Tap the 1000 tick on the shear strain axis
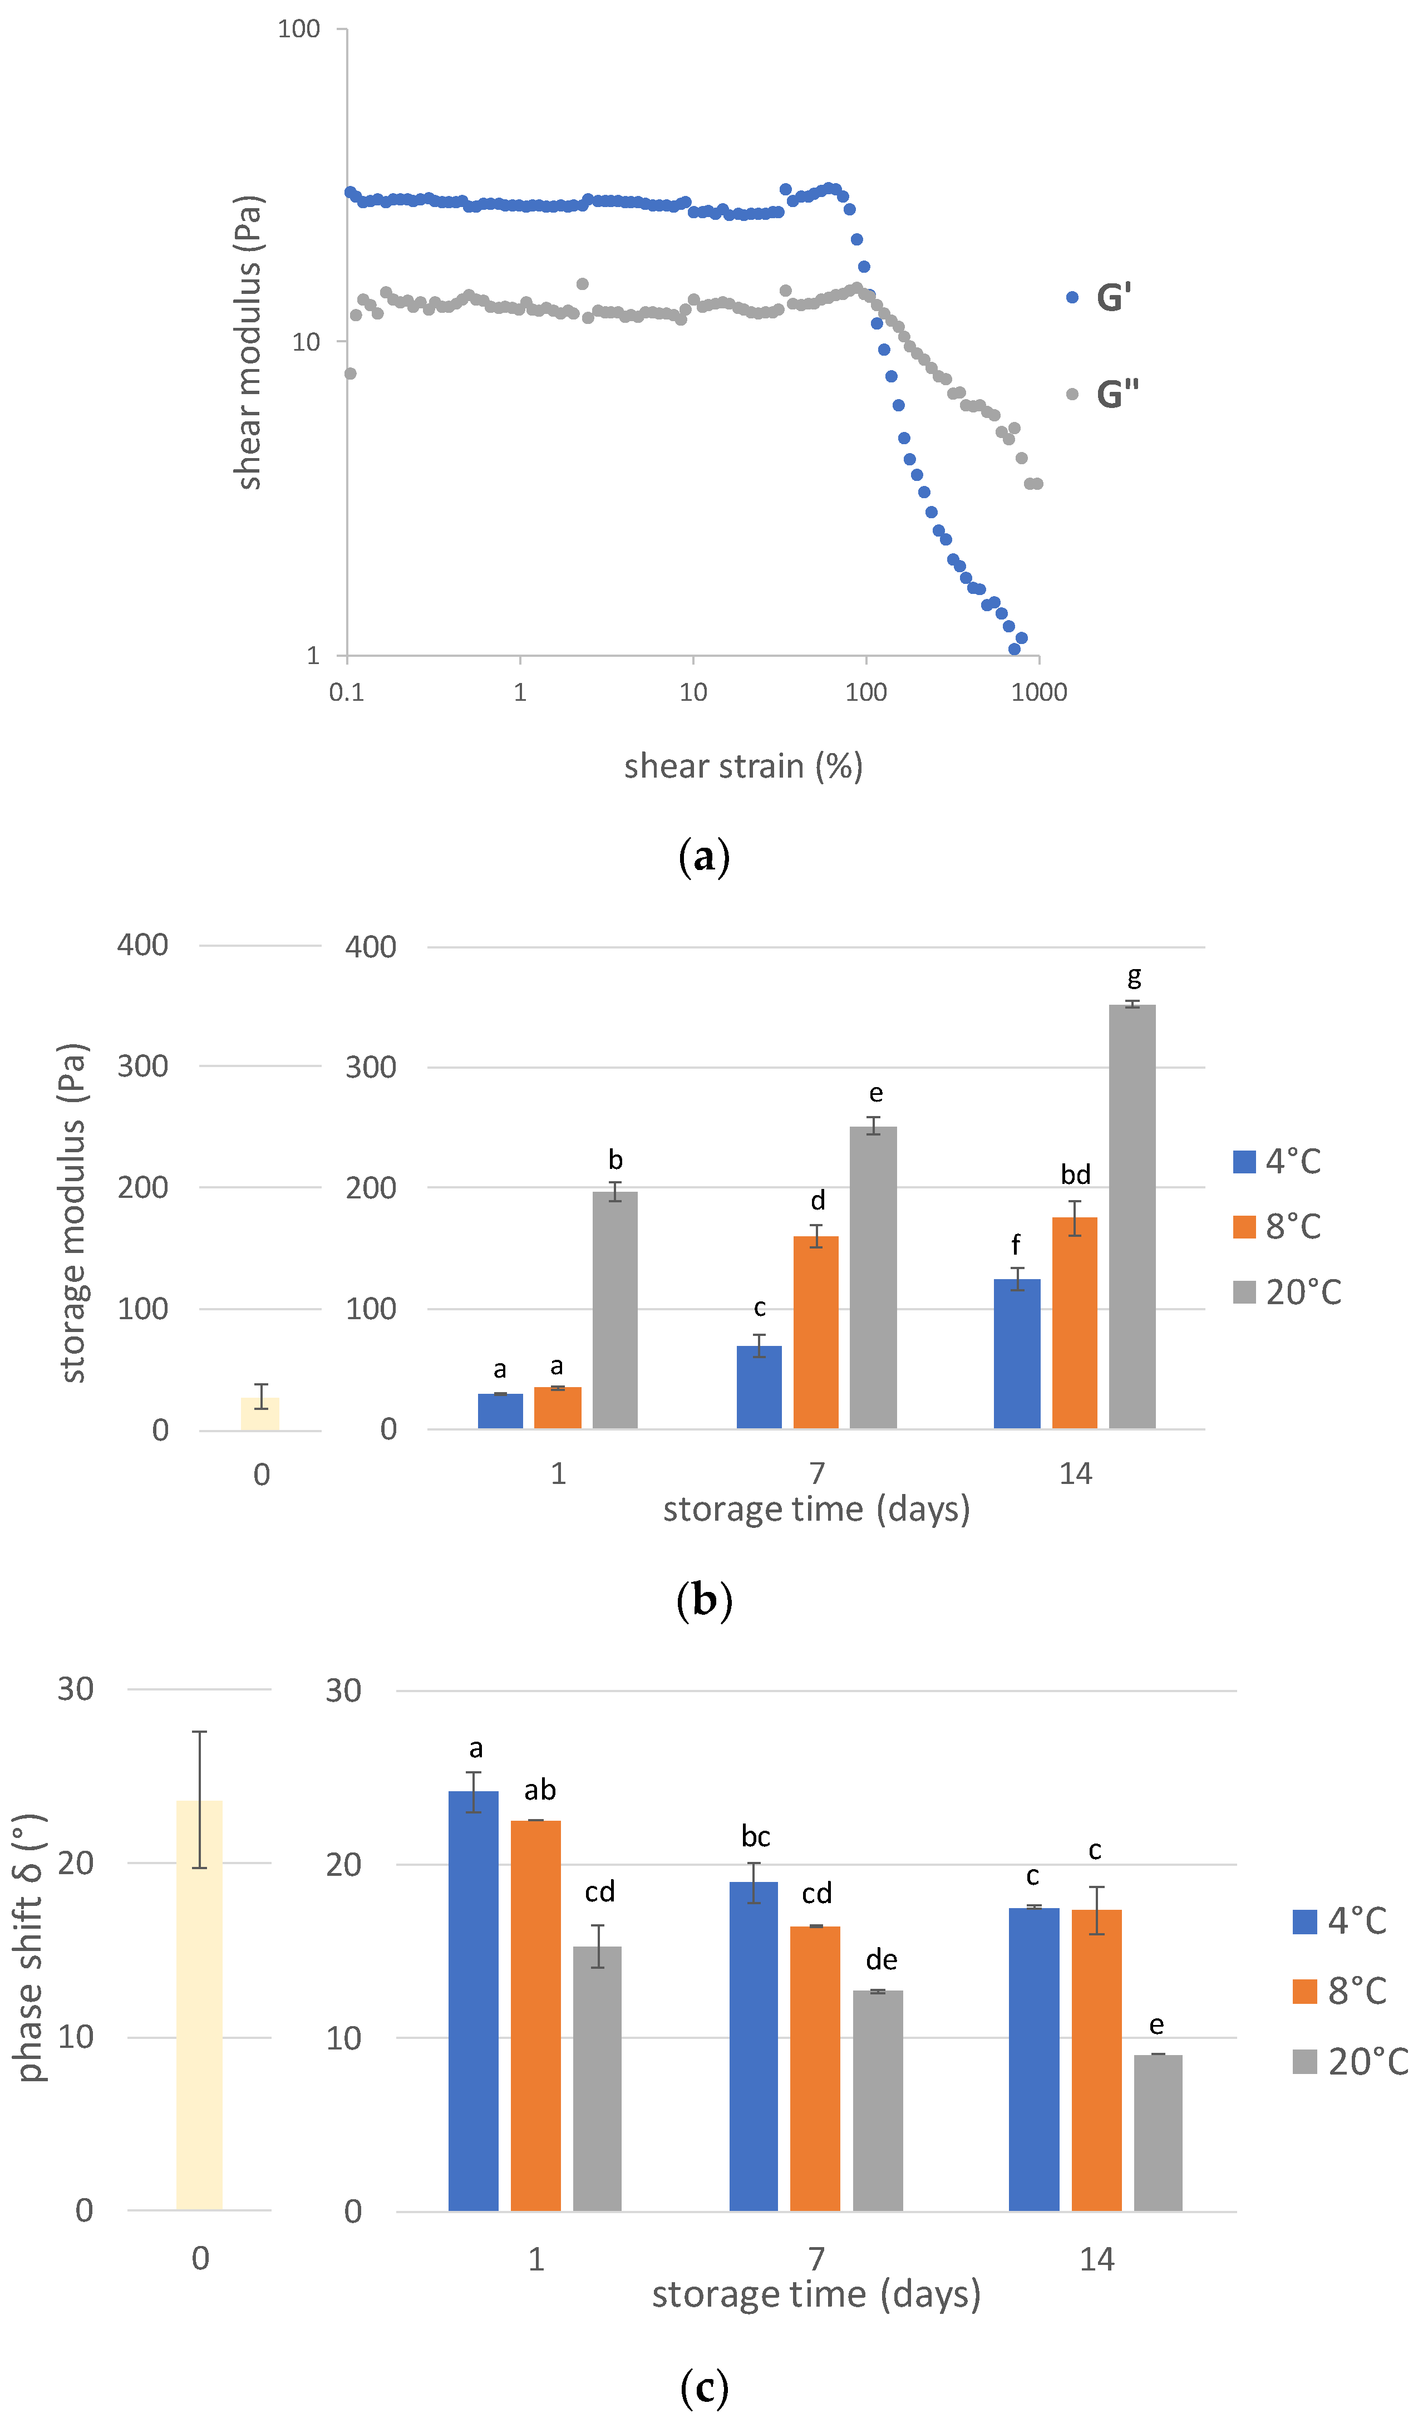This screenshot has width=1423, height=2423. pos(1038,692)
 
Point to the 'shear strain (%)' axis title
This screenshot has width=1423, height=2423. pos(743,766)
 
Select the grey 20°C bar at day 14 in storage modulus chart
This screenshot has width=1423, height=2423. pos(1132,1216)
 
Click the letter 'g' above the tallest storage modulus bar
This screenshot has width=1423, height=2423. pos(1135,977)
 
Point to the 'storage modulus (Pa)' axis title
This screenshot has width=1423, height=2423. pos(73,1213)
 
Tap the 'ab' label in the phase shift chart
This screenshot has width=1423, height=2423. pos(539,1790)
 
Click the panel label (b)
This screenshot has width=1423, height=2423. pos(704,1600)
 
